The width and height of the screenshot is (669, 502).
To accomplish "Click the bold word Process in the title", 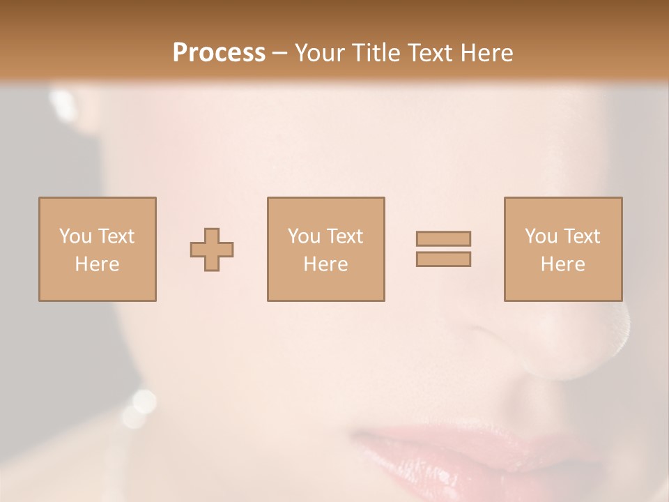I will [219, 53].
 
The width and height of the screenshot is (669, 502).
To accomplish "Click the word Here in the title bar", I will [489, 53].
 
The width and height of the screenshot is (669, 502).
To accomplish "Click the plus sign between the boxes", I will [212, 250].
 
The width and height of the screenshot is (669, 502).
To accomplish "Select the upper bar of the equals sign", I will [443, 238].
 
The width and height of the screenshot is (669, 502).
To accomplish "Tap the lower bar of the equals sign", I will [443, 259].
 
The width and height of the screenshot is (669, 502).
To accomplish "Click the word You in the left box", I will [75, 236].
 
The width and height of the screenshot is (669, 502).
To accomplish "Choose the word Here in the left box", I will [97, 264].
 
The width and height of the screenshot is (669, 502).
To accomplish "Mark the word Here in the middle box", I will [325, 264].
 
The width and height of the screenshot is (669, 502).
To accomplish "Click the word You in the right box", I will [541, 236].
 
